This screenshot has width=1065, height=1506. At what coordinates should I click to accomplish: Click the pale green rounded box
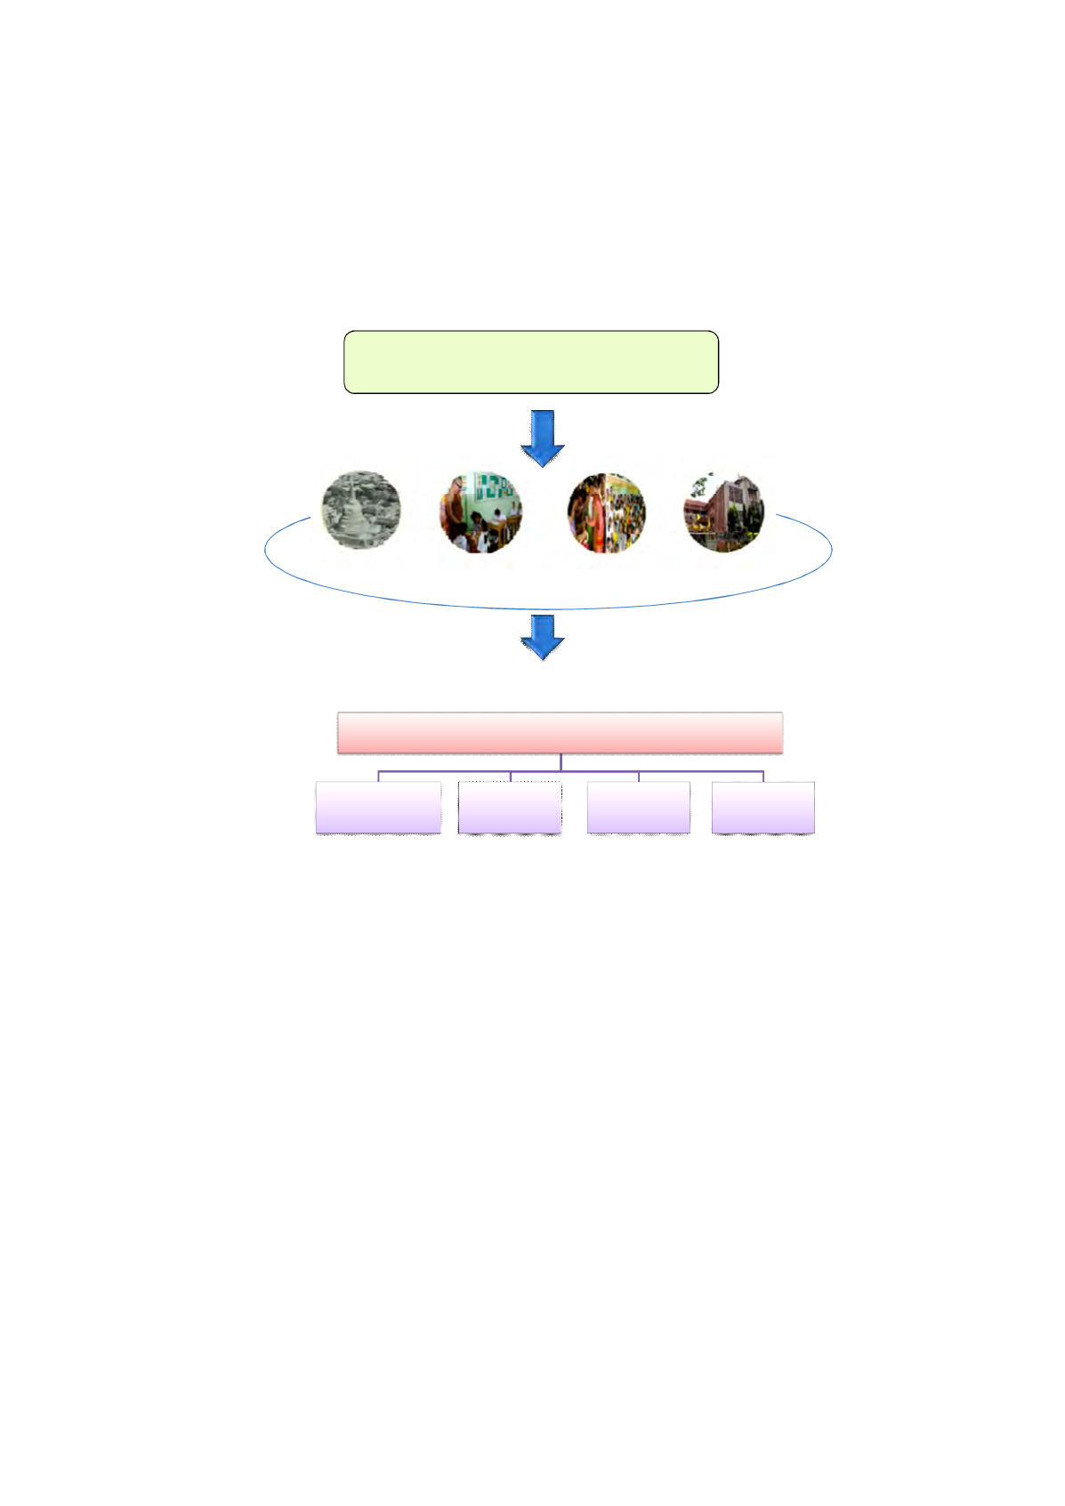pyautogui.click(x=531, y=362)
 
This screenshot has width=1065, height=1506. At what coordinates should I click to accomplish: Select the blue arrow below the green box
pyautogui.click(x=543, y=438)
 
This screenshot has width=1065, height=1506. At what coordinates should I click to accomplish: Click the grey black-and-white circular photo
pyautogui.click(x=361, y=511)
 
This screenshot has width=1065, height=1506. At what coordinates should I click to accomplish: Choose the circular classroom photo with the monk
pyautogui.click(x=480, y=513)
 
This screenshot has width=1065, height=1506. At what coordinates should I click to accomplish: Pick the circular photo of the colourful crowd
pyautogui.click(x=607, y=513)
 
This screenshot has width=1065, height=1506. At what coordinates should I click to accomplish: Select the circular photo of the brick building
pyautogui.click(x=723, y=512)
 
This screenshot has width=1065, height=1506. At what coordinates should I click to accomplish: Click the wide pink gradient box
pyautogui.click(x=560, y=733)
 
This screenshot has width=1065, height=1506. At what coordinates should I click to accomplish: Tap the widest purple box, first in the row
pyautogui.click(x=378, y=808)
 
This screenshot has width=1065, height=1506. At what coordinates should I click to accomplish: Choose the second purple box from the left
pyautogui.click(x=510, y=808)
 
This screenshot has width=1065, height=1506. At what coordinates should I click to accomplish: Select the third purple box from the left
pyautogui.click(x=639, y=808)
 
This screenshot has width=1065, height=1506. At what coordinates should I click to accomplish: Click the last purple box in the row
pyautogui.click(x=763, y=808)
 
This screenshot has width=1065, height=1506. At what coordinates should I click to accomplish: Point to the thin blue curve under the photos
pyautogui.click(x=547, y=608)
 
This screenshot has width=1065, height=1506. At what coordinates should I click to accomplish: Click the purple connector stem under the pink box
pyautogui.click(x=561, y=762)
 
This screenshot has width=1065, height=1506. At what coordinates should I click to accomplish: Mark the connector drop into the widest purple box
pyautogui.click(x=379, y=777)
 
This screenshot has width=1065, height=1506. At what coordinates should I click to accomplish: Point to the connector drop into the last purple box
pyautogui.click(x=763, y=777)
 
